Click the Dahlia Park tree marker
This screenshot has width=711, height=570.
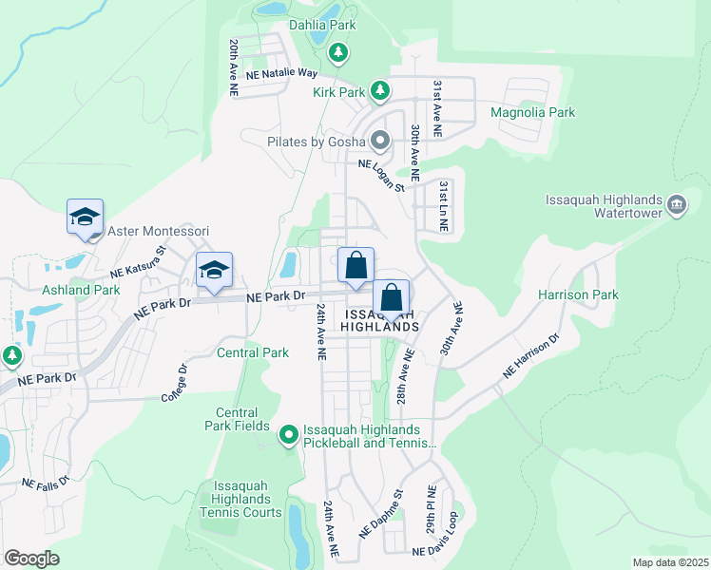tap(337, 52)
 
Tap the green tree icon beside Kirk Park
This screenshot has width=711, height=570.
tap(380, 91)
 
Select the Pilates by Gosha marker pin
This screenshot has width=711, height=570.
tap(380, 142)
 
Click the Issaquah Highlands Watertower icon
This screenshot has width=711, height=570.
tap(677, 205)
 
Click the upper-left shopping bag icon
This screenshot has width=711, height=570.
tap(355, 265)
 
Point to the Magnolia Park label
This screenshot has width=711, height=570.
tap(532, 112)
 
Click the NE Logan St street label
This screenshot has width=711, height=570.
tap(381, 177)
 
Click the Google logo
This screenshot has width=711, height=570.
tap(31, 559)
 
